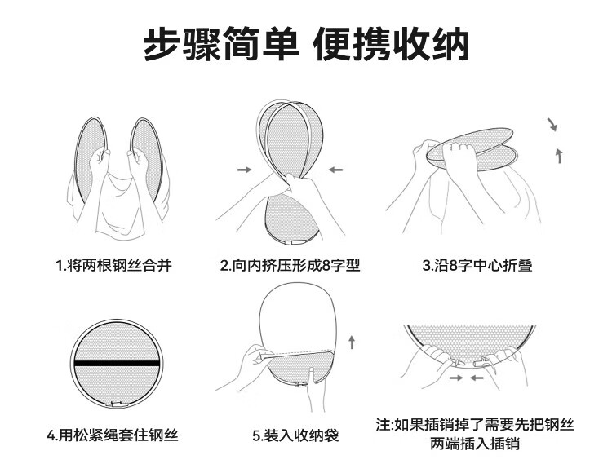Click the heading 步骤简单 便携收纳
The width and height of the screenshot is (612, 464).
coord(306,44)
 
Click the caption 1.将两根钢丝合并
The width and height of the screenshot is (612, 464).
coord(113,266)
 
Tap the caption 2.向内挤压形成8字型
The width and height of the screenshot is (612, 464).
coord(290,266)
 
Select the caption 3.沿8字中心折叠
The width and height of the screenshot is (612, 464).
coord(477,266)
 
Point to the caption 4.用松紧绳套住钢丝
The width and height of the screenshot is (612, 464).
coord(113,435)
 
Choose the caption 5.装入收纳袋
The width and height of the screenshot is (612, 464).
coord(295,435)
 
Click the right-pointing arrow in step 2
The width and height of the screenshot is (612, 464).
coord(245,170)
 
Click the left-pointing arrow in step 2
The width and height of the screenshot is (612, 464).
coord(335,170)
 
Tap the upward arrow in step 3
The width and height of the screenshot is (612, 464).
coord(560,155)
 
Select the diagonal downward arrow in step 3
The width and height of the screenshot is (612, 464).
coord(552,124)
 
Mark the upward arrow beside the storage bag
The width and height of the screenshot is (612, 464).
coord(352,342)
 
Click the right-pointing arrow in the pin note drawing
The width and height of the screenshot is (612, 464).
coord(456,378)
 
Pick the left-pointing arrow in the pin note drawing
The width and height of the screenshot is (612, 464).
coord(477,378)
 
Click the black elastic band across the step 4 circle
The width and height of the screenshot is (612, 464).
coord(117,364)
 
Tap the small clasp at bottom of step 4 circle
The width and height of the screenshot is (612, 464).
coord(117,404)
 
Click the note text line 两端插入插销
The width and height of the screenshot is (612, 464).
coord(475,444)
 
